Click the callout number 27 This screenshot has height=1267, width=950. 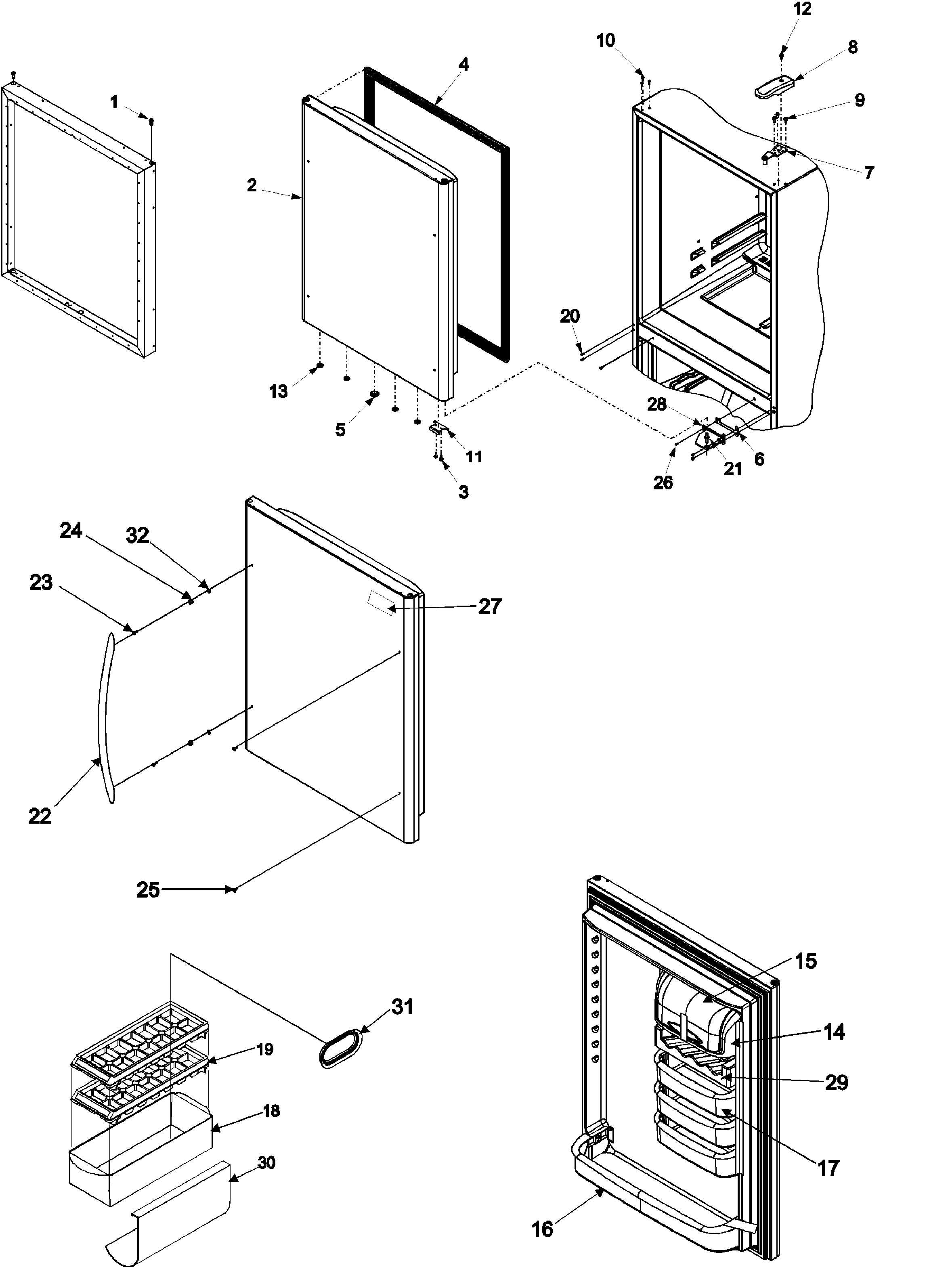pyautogui.click(x=490, y=606)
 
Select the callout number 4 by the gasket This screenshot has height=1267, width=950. pyautogui.click(x=463, y=65)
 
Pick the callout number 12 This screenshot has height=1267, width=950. pyautogui.click(x=802, y=9)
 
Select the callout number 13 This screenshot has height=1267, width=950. pyautogui.click(x=278, y=392)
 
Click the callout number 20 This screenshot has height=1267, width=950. pyautogui.click(x=569, y=316)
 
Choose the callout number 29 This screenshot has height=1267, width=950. pyautogui.click(x=836, y=1082)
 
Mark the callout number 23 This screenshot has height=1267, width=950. pyautogui.click(x=41, y=583)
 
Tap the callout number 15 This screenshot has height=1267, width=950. pyautogui.click(x=806, y=961)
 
